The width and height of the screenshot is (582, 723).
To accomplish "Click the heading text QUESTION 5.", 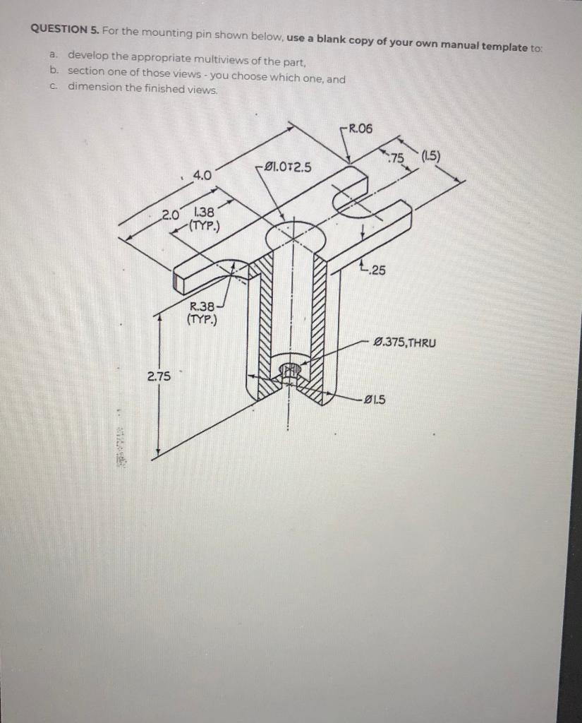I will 65,30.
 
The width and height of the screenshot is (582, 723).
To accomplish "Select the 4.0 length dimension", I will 201,174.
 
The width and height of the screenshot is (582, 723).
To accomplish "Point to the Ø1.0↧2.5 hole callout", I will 286,167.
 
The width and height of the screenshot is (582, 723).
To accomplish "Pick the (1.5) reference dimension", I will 430,157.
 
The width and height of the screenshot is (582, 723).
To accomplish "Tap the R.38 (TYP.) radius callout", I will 202,312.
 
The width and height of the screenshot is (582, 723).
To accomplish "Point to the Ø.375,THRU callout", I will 405,343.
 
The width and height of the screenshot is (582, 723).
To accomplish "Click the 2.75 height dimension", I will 158,376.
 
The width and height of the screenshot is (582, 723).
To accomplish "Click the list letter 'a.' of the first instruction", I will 54,54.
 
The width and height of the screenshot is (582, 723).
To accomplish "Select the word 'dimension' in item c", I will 95,88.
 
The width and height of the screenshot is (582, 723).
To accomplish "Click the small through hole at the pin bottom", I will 288,370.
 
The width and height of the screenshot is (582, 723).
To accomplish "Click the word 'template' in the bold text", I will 498,47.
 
